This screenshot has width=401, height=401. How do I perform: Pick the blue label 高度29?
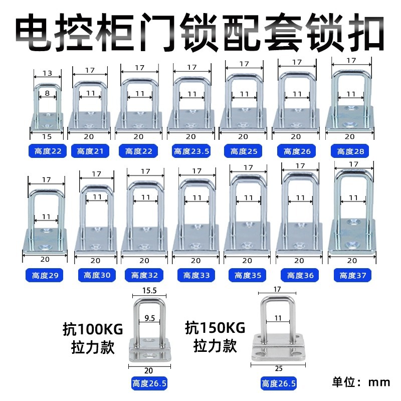(x=45, y=275)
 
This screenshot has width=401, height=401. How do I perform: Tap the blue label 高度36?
(x=299, y=275)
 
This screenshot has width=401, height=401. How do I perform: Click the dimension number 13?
(x=47, y=73)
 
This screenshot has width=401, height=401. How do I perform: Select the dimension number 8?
(x=47, y=93)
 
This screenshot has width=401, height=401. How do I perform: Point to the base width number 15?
(x=47, y=136)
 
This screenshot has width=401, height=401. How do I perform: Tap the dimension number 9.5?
(x=149, y=317)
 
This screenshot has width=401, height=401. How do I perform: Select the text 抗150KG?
(x=215, y=329)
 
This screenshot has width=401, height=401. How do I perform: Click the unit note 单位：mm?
(x=360, y=381)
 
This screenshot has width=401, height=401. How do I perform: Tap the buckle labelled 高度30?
(x=96, y=221)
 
